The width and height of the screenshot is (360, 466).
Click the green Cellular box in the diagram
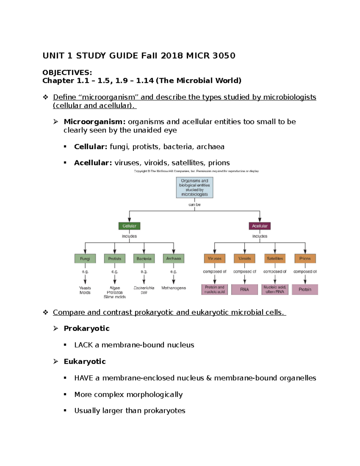tap(129, 226)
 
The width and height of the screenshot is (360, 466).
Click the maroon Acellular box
tap(259, 226)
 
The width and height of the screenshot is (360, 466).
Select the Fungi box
tap(85, 258)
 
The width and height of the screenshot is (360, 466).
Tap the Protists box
tap(115, 258)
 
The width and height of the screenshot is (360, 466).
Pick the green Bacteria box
tap(144, 258)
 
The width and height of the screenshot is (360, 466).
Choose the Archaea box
tap(173, 258)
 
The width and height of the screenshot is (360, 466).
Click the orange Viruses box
tap(214, 258)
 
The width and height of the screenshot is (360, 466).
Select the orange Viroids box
tap(244, 258)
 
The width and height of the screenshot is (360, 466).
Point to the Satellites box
tap(275, 258)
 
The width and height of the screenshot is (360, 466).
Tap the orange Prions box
tap(305, 258)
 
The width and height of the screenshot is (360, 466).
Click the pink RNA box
tap(244, 290)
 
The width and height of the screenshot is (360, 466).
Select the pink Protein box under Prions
tap(305, 290)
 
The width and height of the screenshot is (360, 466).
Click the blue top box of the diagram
tap(194, 188)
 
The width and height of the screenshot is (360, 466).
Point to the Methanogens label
tap(173, 288)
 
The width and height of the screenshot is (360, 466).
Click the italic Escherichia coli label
tap(144, 290)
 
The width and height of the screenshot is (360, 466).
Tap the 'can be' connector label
tap(194, 205)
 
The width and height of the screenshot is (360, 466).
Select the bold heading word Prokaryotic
tap(86, 329)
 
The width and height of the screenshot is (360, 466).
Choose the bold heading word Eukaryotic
tap(85, 362)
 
